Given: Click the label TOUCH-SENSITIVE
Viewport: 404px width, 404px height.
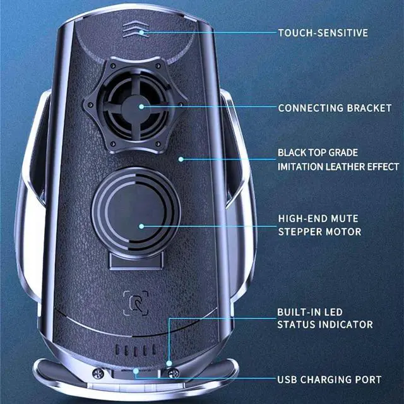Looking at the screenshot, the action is coord(323,32).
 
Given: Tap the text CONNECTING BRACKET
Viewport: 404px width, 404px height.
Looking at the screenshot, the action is coord(335,108).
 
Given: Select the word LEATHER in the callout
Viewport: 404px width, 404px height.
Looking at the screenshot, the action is coord(341,166).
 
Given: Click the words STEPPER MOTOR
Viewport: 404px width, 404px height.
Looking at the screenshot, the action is coord(319,232).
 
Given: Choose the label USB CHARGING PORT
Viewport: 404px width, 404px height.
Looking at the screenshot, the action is coord(330,379).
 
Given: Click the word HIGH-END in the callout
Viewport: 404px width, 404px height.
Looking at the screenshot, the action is coord(299,218).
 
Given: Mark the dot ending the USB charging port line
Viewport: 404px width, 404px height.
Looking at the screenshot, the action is coord(136,372).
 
